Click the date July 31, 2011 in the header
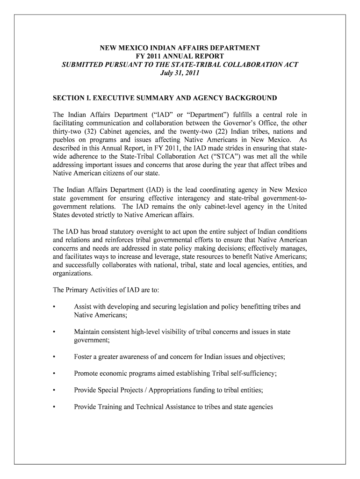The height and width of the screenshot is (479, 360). [180, 73]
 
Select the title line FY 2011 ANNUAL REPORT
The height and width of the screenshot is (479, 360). [180, 56]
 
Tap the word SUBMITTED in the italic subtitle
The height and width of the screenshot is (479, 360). [84, 65]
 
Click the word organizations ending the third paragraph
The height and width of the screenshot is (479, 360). [72, 274]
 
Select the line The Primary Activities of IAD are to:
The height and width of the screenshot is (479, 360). [106, 290]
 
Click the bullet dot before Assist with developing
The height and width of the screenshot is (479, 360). [55, 307]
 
